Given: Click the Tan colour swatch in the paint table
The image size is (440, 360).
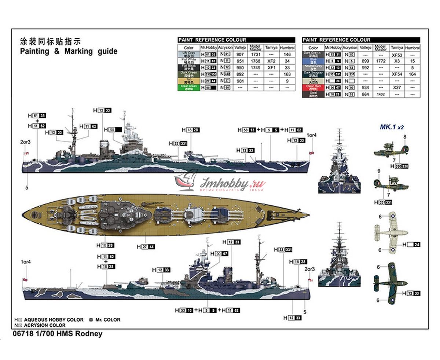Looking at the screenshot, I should (x=188, y=81).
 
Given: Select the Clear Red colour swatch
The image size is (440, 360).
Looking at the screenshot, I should (x=313, y=88).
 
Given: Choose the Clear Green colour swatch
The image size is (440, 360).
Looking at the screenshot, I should (x=188, y=88).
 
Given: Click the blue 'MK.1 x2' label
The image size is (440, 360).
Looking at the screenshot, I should (x=391, y=128).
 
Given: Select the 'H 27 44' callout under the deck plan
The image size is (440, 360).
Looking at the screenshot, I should (x=146, y=247).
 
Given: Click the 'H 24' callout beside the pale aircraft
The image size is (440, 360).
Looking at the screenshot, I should (x=411, y=245).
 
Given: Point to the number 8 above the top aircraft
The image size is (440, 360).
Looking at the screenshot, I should (x=405, y=137).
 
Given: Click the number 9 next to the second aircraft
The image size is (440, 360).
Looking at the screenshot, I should (x=379, y=170).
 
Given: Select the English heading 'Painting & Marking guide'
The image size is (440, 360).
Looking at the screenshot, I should (x=69, y=51).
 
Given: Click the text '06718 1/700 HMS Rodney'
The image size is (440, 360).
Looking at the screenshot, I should (x=57, y=334).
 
